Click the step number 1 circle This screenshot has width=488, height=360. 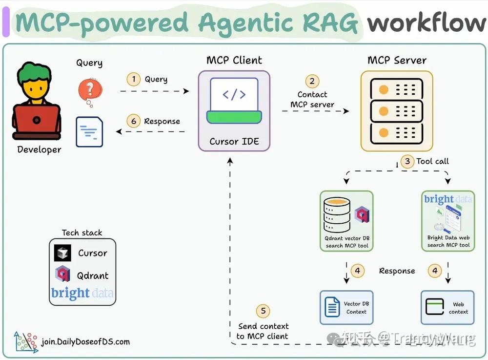(x=133, y=79)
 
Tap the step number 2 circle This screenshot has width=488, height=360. (x=312, y=82)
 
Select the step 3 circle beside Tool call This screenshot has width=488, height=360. (x=407, y=161)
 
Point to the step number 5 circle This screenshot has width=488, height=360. (x=263, y=311)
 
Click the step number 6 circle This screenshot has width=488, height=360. (x=133, y=121)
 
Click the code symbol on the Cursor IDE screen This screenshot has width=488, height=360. (x=234, y=95)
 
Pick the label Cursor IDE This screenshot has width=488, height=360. (x=234, y=142)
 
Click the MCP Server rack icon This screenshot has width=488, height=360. (x=396, y=111)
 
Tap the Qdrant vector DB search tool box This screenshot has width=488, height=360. (x=346, y=221)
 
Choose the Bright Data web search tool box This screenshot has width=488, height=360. (x=448, y=221)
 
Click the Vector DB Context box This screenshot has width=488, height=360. (x=346, y=308)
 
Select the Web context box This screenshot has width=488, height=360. (x=447, y=308)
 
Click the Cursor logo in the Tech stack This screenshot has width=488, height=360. (x=63, y=253)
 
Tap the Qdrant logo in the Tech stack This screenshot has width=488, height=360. (x=62, y=275)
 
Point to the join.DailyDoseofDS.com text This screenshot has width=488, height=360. (x=86, y=341)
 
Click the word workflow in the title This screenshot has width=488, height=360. (x=426, y=23)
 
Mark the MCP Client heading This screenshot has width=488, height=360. (x=234, y=60)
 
